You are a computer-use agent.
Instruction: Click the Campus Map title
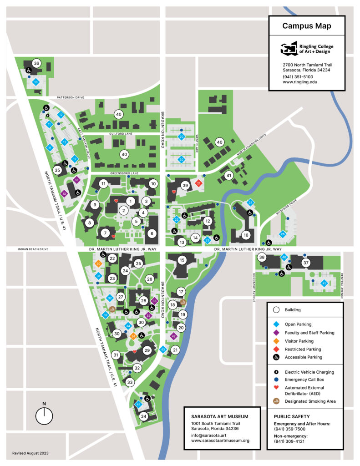(x=306, y=26)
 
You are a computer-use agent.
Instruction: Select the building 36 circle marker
(x=36, y=63)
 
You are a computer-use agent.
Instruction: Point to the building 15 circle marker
(x=182, y=260)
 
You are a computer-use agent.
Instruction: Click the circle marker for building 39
(x=185, y=185)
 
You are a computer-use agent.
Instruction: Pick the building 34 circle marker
(x=144, y=416)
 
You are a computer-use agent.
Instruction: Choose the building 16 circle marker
(x=246, y=235)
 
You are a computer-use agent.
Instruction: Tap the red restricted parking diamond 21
(x=198, y=183)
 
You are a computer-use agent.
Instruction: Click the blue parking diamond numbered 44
(x=138, y=404)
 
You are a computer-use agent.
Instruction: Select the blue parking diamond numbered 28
(x=282, y=234)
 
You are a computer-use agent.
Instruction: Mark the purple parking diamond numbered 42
(x=173, y=336)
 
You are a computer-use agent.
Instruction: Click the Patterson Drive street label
(x=71, y=97)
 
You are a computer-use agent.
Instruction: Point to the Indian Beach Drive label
(x=32, y=249)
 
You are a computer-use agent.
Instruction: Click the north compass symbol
(x=44, y=415)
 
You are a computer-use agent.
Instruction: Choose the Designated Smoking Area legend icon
(x=276, y=401)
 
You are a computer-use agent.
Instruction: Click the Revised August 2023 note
(x=30, y=453)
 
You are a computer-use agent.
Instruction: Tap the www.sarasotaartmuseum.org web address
(x=220, y=441)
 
